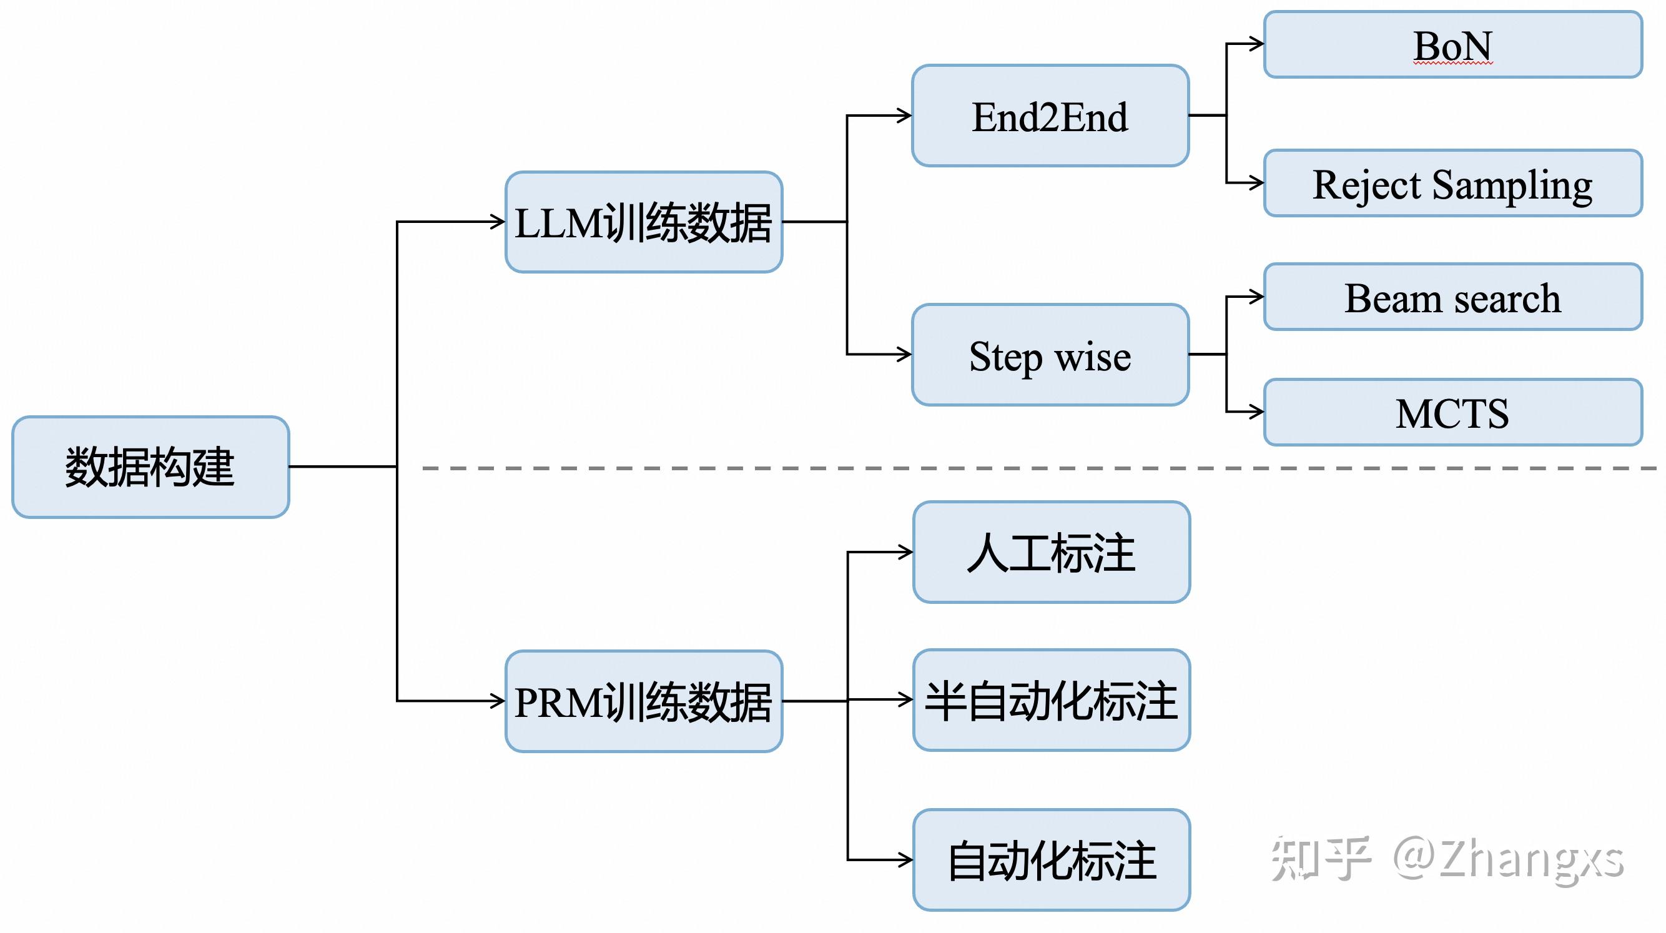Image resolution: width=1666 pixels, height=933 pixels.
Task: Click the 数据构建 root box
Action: [150, 466]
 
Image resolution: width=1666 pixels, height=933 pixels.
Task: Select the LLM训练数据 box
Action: [644, 222]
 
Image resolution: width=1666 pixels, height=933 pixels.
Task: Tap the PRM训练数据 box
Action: [644, 701]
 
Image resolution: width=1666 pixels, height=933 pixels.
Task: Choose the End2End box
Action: [1050, 116]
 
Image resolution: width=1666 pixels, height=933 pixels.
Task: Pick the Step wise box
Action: [1050, 355]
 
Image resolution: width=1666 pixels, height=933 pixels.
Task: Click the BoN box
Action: [1452, 44]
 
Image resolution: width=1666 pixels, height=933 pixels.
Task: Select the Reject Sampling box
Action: [1452, 183]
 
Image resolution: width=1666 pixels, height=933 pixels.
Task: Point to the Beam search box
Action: [1452, 297]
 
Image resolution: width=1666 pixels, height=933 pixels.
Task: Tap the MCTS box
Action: [1452, 412]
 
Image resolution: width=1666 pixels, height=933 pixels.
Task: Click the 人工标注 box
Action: [1051, 552]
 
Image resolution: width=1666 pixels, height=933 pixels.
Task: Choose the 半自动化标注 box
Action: [1051, 700]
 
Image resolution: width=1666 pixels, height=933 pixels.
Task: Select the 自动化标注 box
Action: [1051, 860]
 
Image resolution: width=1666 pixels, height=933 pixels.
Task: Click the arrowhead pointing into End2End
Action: [905, 116]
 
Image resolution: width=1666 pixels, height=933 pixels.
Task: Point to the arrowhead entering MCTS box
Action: [1256, 412]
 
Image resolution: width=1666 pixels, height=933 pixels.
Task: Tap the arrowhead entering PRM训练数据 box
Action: [498, 701]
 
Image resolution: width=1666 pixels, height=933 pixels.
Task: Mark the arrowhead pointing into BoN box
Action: [1256, 44]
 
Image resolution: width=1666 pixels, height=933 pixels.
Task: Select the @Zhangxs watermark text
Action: [1507, 859]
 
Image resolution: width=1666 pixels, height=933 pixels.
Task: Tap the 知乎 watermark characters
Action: [1320, 858]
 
